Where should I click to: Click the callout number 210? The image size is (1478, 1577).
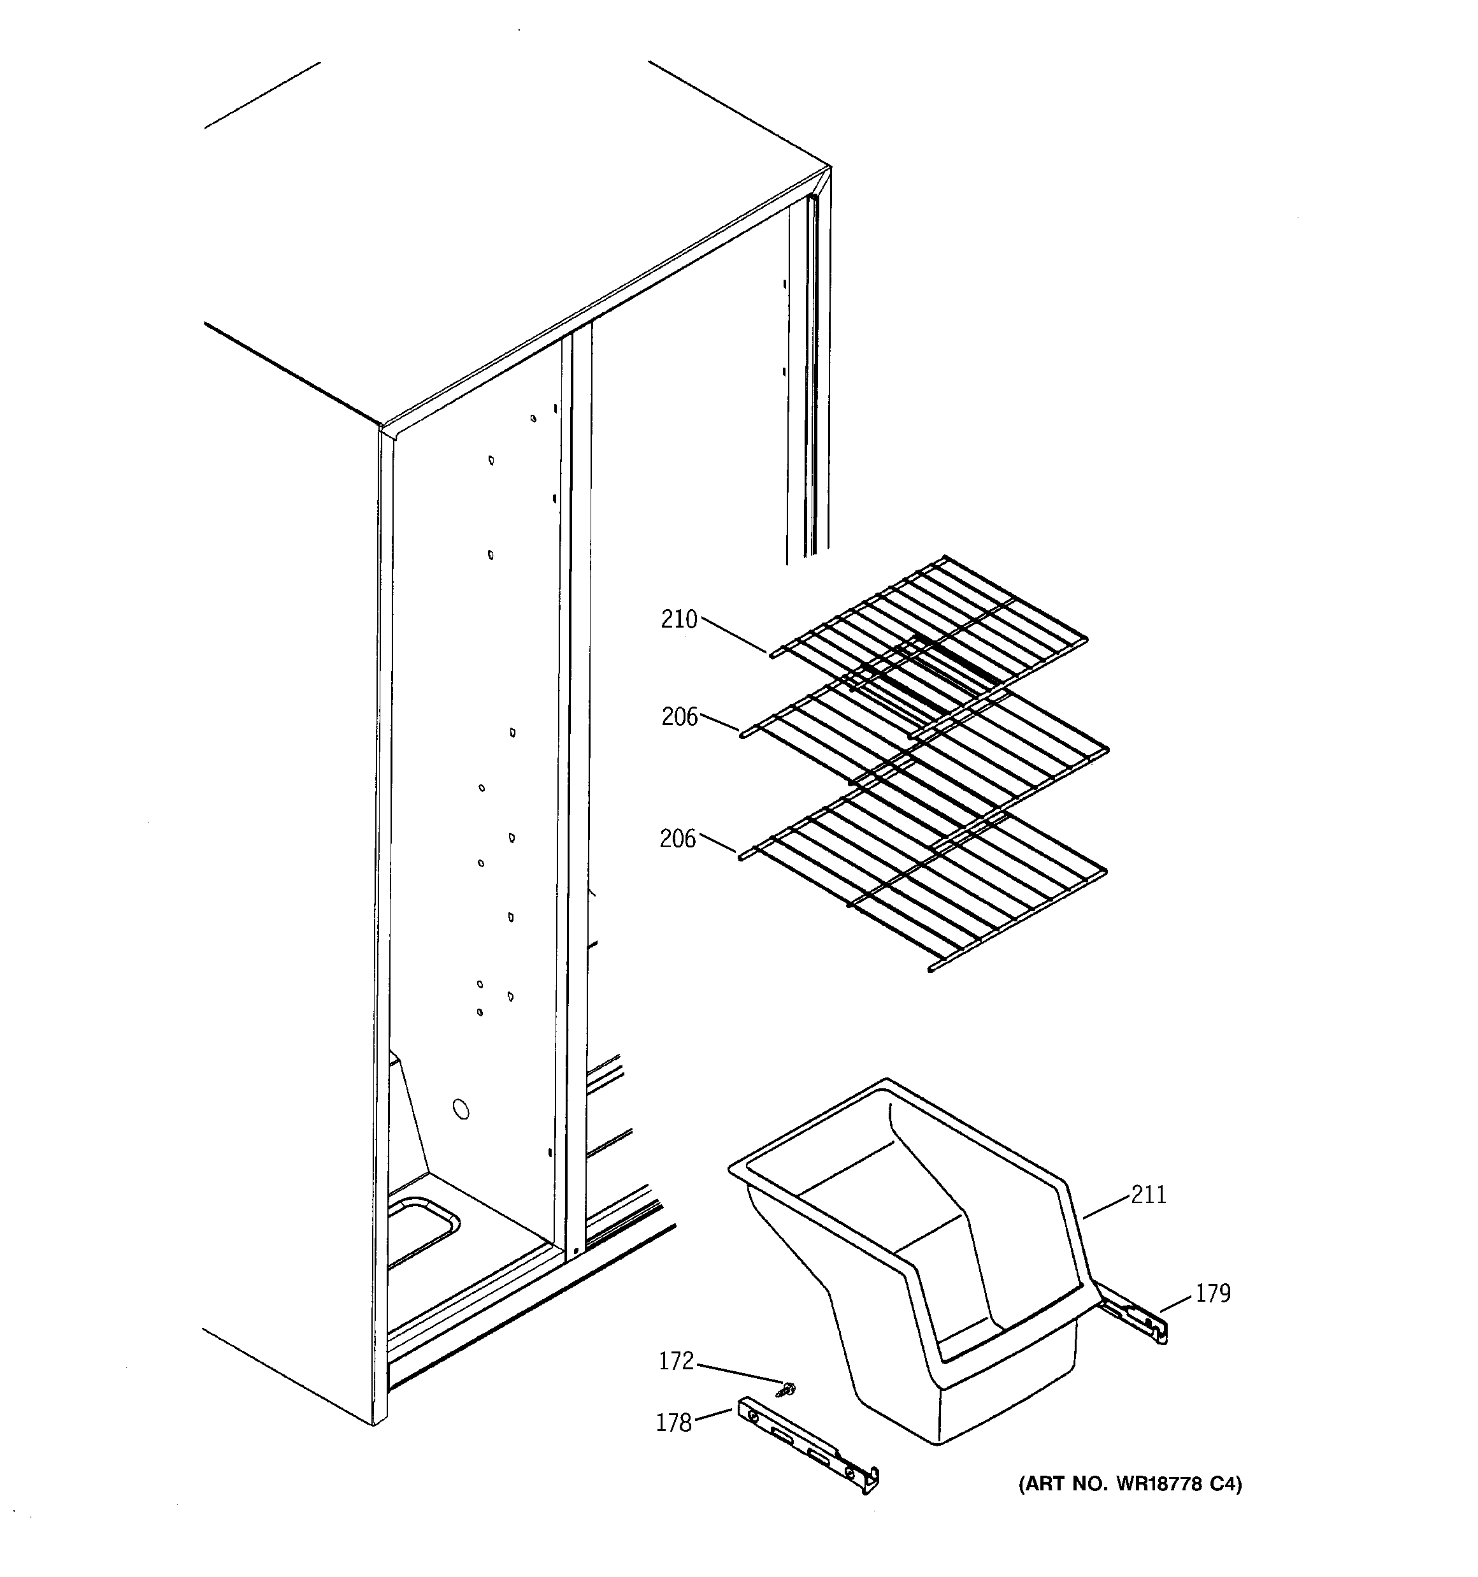click(678, 619)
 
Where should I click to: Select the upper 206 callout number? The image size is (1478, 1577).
click(679, 717)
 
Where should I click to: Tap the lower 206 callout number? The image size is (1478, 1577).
click(677, 839)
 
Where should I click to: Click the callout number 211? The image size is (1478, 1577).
click(1149, 1195)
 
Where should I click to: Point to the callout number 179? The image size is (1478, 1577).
click(1212, 1294)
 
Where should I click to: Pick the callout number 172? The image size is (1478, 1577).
click(676, 1361)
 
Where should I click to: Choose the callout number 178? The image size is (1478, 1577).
click(673, 1423)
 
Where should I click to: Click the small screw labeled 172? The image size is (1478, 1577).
click(789, 1388)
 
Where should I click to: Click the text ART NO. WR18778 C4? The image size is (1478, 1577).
click(1130, 1483)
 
